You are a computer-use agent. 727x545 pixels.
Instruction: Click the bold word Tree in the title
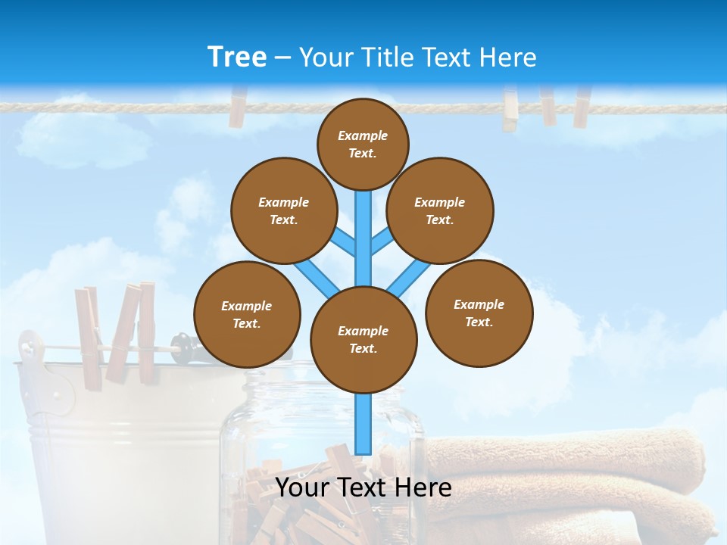coord(236,57)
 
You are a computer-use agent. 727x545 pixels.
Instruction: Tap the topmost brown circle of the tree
coord(363,144)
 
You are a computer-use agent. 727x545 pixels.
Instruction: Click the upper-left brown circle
coord(284,210)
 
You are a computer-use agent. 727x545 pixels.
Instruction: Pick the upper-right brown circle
coord(440,210)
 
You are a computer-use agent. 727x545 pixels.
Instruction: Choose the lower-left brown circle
coord(247,314)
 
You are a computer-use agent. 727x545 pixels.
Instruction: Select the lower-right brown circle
coord(479,313)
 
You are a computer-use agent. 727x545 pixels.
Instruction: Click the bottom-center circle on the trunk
coord(363,340)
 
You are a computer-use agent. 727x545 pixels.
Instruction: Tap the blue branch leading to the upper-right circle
coord(381,242)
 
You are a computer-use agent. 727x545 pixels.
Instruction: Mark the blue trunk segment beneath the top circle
coord(363,227)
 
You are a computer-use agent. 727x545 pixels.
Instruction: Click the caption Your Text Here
coord(363,487)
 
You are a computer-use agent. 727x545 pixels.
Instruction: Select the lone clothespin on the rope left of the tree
coord(238,107)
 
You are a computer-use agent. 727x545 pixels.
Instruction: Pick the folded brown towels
coord(576,477)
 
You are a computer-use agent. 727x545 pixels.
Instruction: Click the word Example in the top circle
coord(363,135)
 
